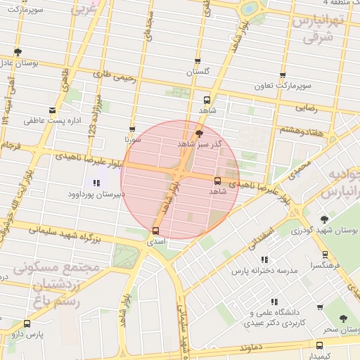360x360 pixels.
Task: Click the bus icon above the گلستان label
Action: (198, 61)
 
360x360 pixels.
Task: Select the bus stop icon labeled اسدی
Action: (155, 230)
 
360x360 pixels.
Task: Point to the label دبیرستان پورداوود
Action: (96, 193)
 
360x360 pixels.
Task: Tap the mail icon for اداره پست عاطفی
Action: (52, 110)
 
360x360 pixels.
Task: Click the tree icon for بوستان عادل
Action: (18, 52)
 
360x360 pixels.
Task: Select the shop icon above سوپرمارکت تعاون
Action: (283, 75)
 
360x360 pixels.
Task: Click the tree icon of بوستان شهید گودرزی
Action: (324, 219)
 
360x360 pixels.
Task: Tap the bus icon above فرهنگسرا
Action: (325, 255)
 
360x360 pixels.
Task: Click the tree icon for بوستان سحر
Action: (342, 319)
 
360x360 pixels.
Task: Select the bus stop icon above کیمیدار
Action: (319, 345)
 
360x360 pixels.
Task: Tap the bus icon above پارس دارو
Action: (27, 323)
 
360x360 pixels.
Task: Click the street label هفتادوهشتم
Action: (301, 130)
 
